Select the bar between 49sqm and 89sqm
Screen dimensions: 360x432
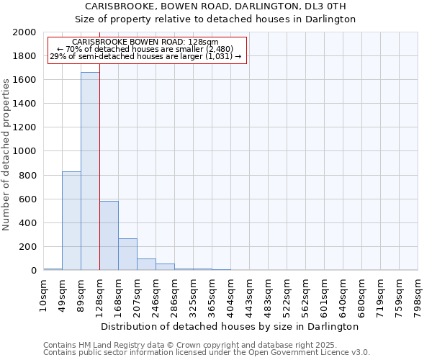click(x=71, y=220)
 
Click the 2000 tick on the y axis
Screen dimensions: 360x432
click(x=24, y=32)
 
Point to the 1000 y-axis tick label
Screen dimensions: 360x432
click(x=24, y=152)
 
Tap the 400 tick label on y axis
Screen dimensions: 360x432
click(x=27, y=223)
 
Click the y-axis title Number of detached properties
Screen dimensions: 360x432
click(x=6, y=152)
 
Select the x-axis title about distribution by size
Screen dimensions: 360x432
click(x=230, y=326)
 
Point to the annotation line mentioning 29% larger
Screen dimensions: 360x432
click(x=146, y=56)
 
